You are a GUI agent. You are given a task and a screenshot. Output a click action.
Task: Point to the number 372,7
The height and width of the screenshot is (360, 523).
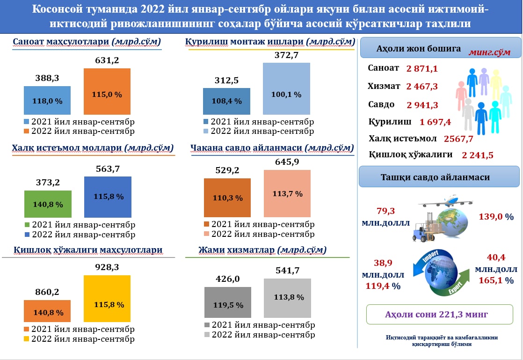click(x=286, y=55)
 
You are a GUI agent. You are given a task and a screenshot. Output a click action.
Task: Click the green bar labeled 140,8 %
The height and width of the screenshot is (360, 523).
click(x=47, y=204)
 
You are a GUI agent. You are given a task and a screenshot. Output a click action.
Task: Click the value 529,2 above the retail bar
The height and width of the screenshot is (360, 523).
click(x=226, y=170)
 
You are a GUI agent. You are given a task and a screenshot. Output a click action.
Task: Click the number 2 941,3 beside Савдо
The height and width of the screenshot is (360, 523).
click(x=422, y=104)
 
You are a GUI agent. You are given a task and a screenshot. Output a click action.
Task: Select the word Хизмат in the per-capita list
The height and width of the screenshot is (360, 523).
click(x=384, y=86)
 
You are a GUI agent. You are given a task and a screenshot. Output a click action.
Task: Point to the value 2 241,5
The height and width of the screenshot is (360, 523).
click(x=477, y=155)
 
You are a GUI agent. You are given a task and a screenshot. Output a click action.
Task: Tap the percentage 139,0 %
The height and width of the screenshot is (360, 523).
click(x=496, y=217)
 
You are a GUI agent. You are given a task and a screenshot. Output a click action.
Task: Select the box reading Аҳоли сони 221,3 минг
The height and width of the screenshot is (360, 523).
click(x=436, y=315)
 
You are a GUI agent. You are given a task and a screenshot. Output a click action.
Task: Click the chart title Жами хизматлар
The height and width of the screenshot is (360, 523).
click(x=262, y=250)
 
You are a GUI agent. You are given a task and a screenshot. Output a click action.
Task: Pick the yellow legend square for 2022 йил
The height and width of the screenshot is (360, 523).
click(x=27, y=339)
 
